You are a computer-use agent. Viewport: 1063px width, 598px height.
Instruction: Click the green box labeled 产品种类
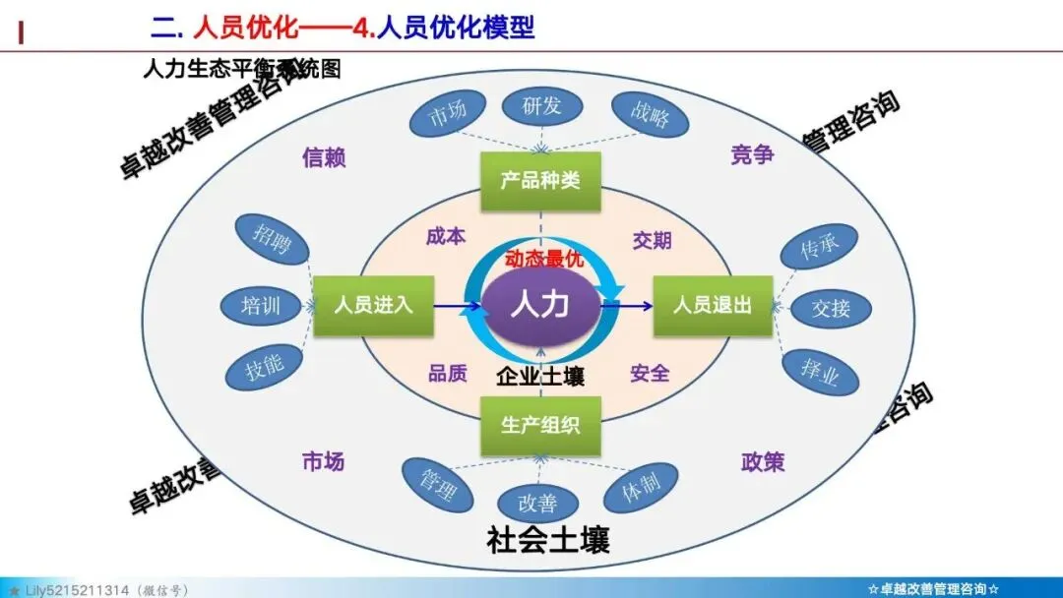(540, 181)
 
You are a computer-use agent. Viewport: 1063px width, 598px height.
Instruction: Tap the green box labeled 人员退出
(713, 305)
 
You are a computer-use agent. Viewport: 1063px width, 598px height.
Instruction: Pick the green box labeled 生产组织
(540, 425)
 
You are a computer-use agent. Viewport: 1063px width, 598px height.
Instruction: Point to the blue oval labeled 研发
(541, 107)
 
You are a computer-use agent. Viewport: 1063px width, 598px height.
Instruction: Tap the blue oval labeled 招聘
(272, 239)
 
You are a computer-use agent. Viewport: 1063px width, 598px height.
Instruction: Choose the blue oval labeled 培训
(261, 305)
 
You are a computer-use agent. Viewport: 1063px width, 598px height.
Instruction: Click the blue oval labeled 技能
(265, 368)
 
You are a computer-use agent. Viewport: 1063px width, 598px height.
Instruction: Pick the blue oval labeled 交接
(831, 308)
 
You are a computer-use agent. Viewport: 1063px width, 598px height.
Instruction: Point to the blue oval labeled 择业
(820, 371)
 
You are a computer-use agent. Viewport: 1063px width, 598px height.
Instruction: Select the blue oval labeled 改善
(537, 503)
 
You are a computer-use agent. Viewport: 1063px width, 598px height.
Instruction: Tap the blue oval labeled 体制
(641, 486)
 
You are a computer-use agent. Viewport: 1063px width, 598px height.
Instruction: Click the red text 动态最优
(544, 259)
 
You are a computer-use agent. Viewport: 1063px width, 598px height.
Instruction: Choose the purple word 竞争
(752, 154)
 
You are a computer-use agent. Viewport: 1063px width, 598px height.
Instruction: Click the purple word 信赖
(324, 157)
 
